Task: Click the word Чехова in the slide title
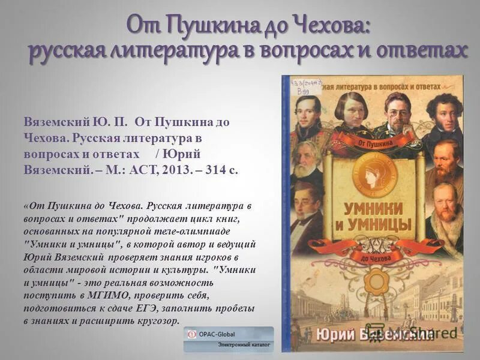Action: pos(332,25)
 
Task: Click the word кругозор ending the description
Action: pos(154,321)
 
